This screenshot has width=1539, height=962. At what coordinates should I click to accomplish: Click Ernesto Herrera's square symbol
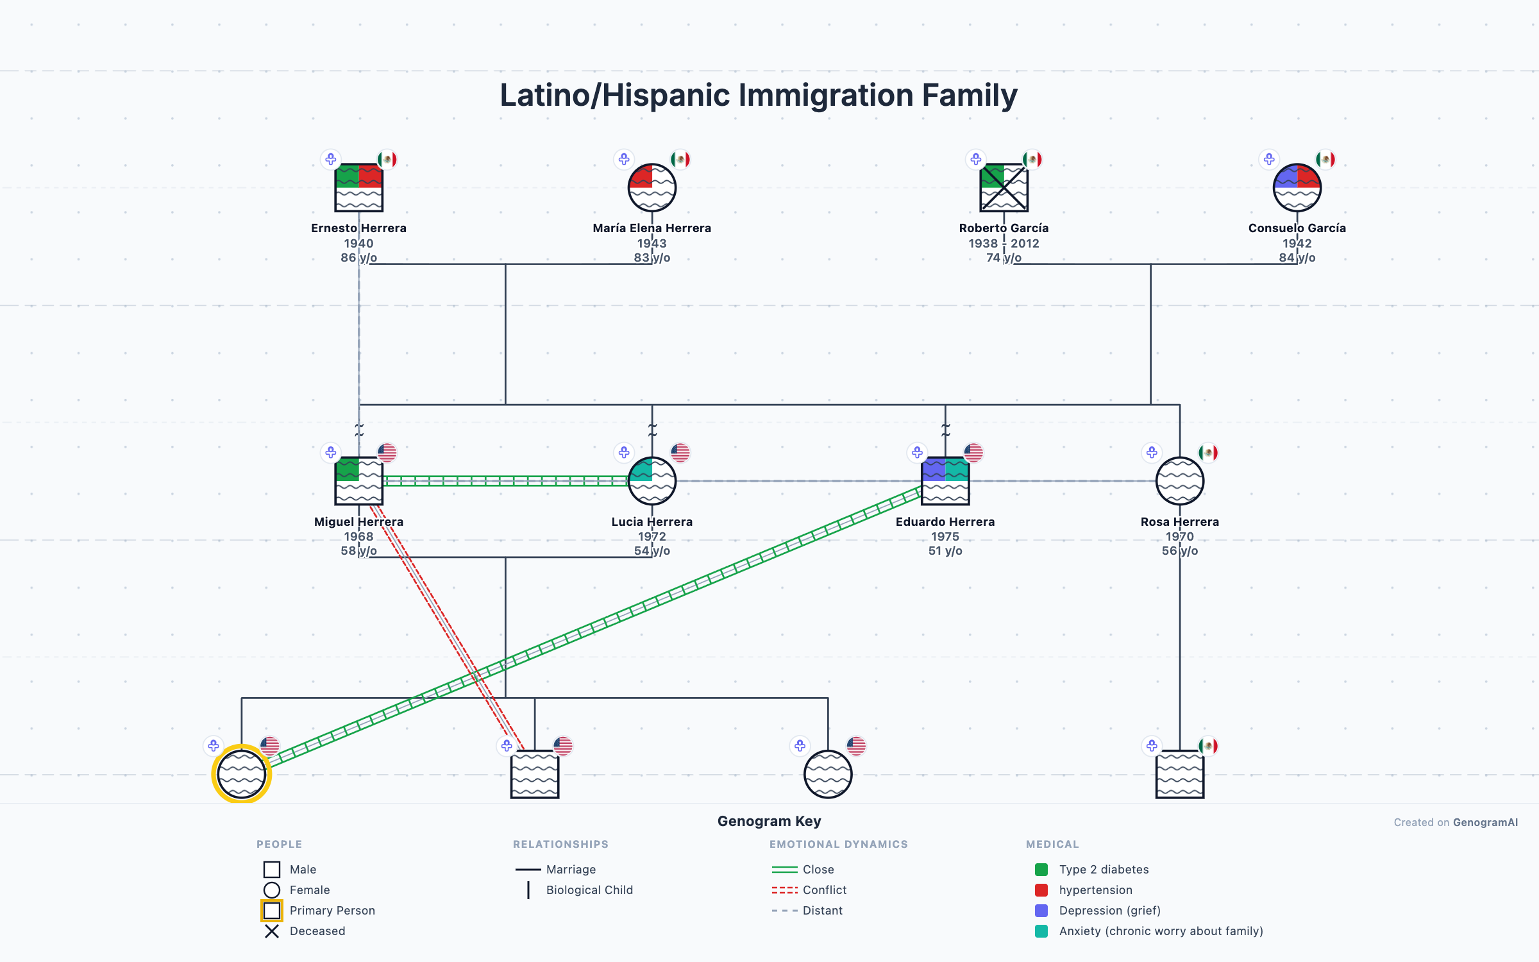(358, 188)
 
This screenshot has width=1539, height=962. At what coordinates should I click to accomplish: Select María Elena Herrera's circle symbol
(652, 188)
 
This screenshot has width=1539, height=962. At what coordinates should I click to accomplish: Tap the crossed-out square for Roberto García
(1004, 188)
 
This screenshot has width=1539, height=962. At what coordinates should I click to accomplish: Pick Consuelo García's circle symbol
(1297, 188)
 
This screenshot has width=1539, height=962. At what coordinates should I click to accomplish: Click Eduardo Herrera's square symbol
(945, 481)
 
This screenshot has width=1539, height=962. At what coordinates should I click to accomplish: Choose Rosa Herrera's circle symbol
(1179, 481)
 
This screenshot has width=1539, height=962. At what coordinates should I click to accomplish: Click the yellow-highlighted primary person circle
(241, 774)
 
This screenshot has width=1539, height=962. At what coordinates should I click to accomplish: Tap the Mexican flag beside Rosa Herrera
(1208, 453)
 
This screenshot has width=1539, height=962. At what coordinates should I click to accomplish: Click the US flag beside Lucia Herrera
(680, 453)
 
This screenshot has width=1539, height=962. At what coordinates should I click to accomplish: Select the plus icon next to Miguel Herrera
(330, 453)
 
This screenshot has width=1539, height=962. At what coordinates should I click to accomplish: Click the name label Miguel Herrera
(358, 521)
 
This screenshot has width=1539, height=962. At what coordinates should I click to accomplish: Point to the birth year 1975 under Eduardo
(945, 536)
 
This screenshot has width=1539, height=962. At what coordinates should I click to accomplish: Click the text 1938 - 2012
(1004, 243)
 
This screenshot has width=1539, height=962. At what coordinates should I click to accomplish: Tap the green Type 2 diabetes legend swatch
(1041, 870)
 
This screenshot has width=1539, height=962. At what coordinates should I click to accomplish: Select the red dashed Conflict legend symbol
(784, 890)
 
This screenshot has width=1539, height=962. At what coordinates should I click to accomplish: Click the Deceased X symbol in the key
(272, 931)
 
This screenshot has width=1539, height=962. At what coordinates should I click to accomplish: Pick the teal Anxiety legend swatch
(1041, 931)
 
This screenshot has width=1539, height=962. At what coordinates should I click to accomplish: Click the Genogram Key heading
(769, 821)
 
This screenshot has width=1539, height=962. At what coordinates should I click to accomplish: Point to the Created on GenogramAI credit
(1455, 822)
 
